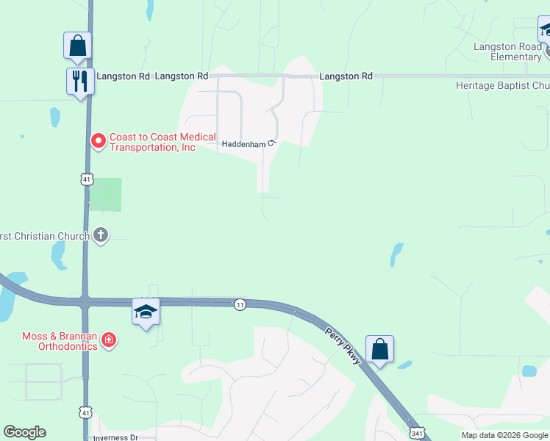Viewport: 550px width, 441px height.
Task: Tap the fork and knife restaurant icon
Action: pyautogui.click(x=79, y=79)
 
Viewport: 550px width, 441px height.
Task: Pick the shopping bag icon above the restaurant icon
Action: pyautogui.click(x=77, y=46)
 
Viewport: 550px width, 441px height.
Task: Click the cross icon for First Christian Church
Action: pyautogui.click(x=101, y=236)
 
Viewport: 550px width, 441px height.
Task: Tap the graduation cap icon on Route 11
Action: pyautogui.click(x=146, y=312)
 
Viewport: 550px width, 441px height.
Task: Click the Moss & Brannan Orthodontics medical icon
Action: pyautogui.click(x=109, y=340)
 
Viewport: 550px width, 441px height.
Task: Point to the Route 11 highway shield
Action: pyautogui.click(x=240, y=304)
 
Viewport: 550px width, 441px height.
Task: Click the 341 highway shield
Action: pyautogui.click(x=417, y=432)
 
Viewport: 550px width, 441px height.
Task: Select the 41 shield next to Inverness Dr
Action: pyautogui.click(x=86, y=413)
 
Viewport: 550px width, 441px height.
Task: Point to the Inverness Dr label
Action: pyautogui.click(x=115, y=437)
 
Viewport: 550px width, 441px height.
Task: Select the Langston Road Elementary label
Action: pyautogui.click(x=507, y=51)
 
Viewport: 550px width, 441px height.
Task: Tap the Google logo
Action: pyautogui.click(x=24, y=432)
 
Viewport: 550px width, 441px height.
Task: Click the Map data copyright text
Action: pyautogui.click(x=505, y=435)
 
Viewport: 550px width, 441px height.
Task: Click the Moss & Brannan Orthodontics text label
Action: pyautogui.click(x=60, y=341)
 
